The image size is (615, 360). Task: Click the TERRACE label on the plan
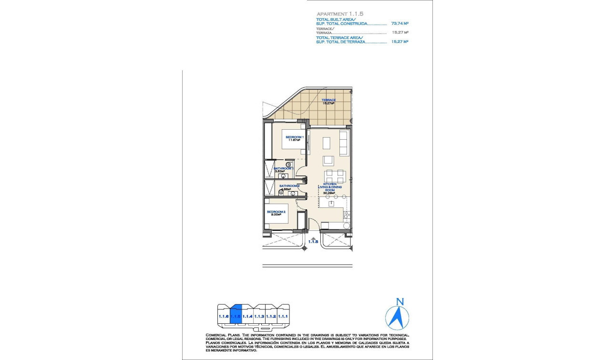pyautogui.click(x=328, y=100)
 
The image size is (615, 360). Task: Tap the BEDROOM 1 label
pyautogui.click(x=294, y=137)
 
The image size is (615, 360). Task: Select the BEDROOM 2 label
pyautogui.click(x=276, y=212)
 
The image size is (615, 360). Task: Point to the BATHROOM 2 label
pyautogui.click(x=289, y=186)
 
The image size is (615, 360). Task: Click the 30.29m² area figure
pyautogui.click(x=329, y=193)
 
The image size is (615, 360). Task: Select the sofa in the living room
pyautogui.click(x=344, y=143)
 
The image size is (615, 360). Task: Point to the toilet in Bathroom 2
pyautogui.click(x=281, y=192)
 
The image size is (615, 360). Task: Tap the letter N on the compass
pyautogui.click(x=400, y=301)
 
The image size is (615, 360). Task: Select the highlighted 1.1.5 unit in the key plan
pyautogui.click(x=236, y=316)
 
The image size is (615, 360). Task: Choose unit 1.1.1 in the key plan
pyautogui.click(x=283, y=316)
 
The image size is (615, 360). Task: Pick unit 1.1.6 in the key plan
pyautogui.click(x=223, y=316)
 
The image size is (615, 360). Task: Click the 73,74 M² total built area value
pyautogui.click(x=400, y=23)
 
